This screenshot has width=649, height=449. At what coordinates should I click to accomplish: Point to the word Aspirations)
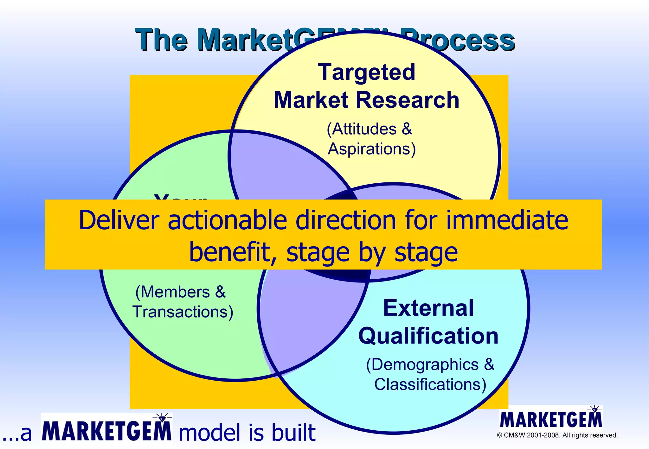click(371, 149)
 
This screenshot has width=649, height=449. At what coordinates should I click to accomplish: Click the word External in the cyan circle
click(428, 308)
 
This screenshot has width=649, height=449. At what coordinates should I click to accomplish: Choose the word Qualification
click(428, 336)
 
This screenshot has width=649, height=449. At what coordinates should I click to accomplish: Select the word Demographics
click(425, 365)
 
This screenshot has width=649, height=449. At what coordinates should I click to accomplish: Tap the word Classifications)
click(430, 384)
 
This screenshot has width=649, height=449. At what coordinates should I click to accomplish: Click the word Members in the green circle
click(175, 292)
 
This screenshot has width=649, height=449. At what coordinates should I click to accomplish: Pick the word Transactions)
click(183, 312)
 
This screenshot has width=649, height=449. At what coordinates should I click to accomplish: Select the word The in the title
click(161, 40)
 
